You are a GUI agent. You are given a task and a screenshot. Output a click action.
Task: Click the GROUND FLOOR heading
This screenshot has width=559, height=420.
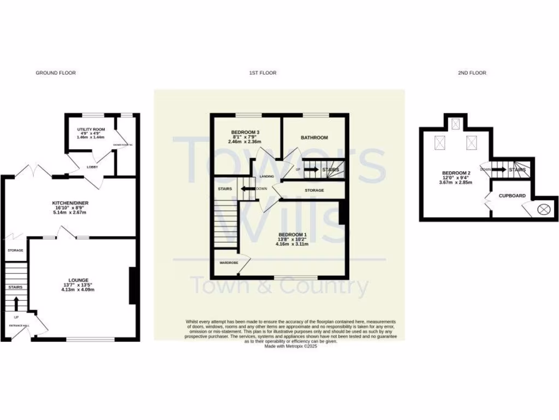click(56, 73)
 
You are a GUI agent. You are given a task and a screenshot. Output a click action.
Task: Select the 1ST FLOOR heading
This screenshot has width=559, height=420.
click(264, 73)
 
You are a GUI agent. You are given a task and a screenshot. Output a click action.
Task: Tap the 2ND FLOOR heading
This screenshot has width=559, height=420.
click(473, 73)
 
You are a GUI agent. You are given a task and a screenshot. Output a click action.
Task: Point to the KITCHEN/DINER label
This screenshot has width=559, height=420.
click(70, 203)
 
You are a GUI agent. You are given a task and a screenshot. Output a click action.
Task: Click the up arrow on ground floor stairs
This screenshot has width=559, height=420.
click(16, 302)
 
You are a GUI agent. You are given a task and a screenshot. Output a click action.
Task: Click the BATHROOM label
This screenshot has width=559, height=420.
click(314, 137)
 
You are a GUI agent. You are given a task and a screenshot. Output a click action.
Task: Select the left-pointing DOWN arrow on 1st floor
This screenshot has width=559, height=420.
click(248, 189)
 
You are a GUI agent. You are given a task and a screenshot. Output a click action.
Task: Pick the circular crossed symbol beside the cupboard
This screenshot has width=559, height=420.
click(544, 209)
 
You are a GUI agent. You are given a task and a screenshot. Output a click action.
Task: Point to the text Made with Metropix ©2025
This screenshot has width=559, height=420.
click(290, 346)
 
